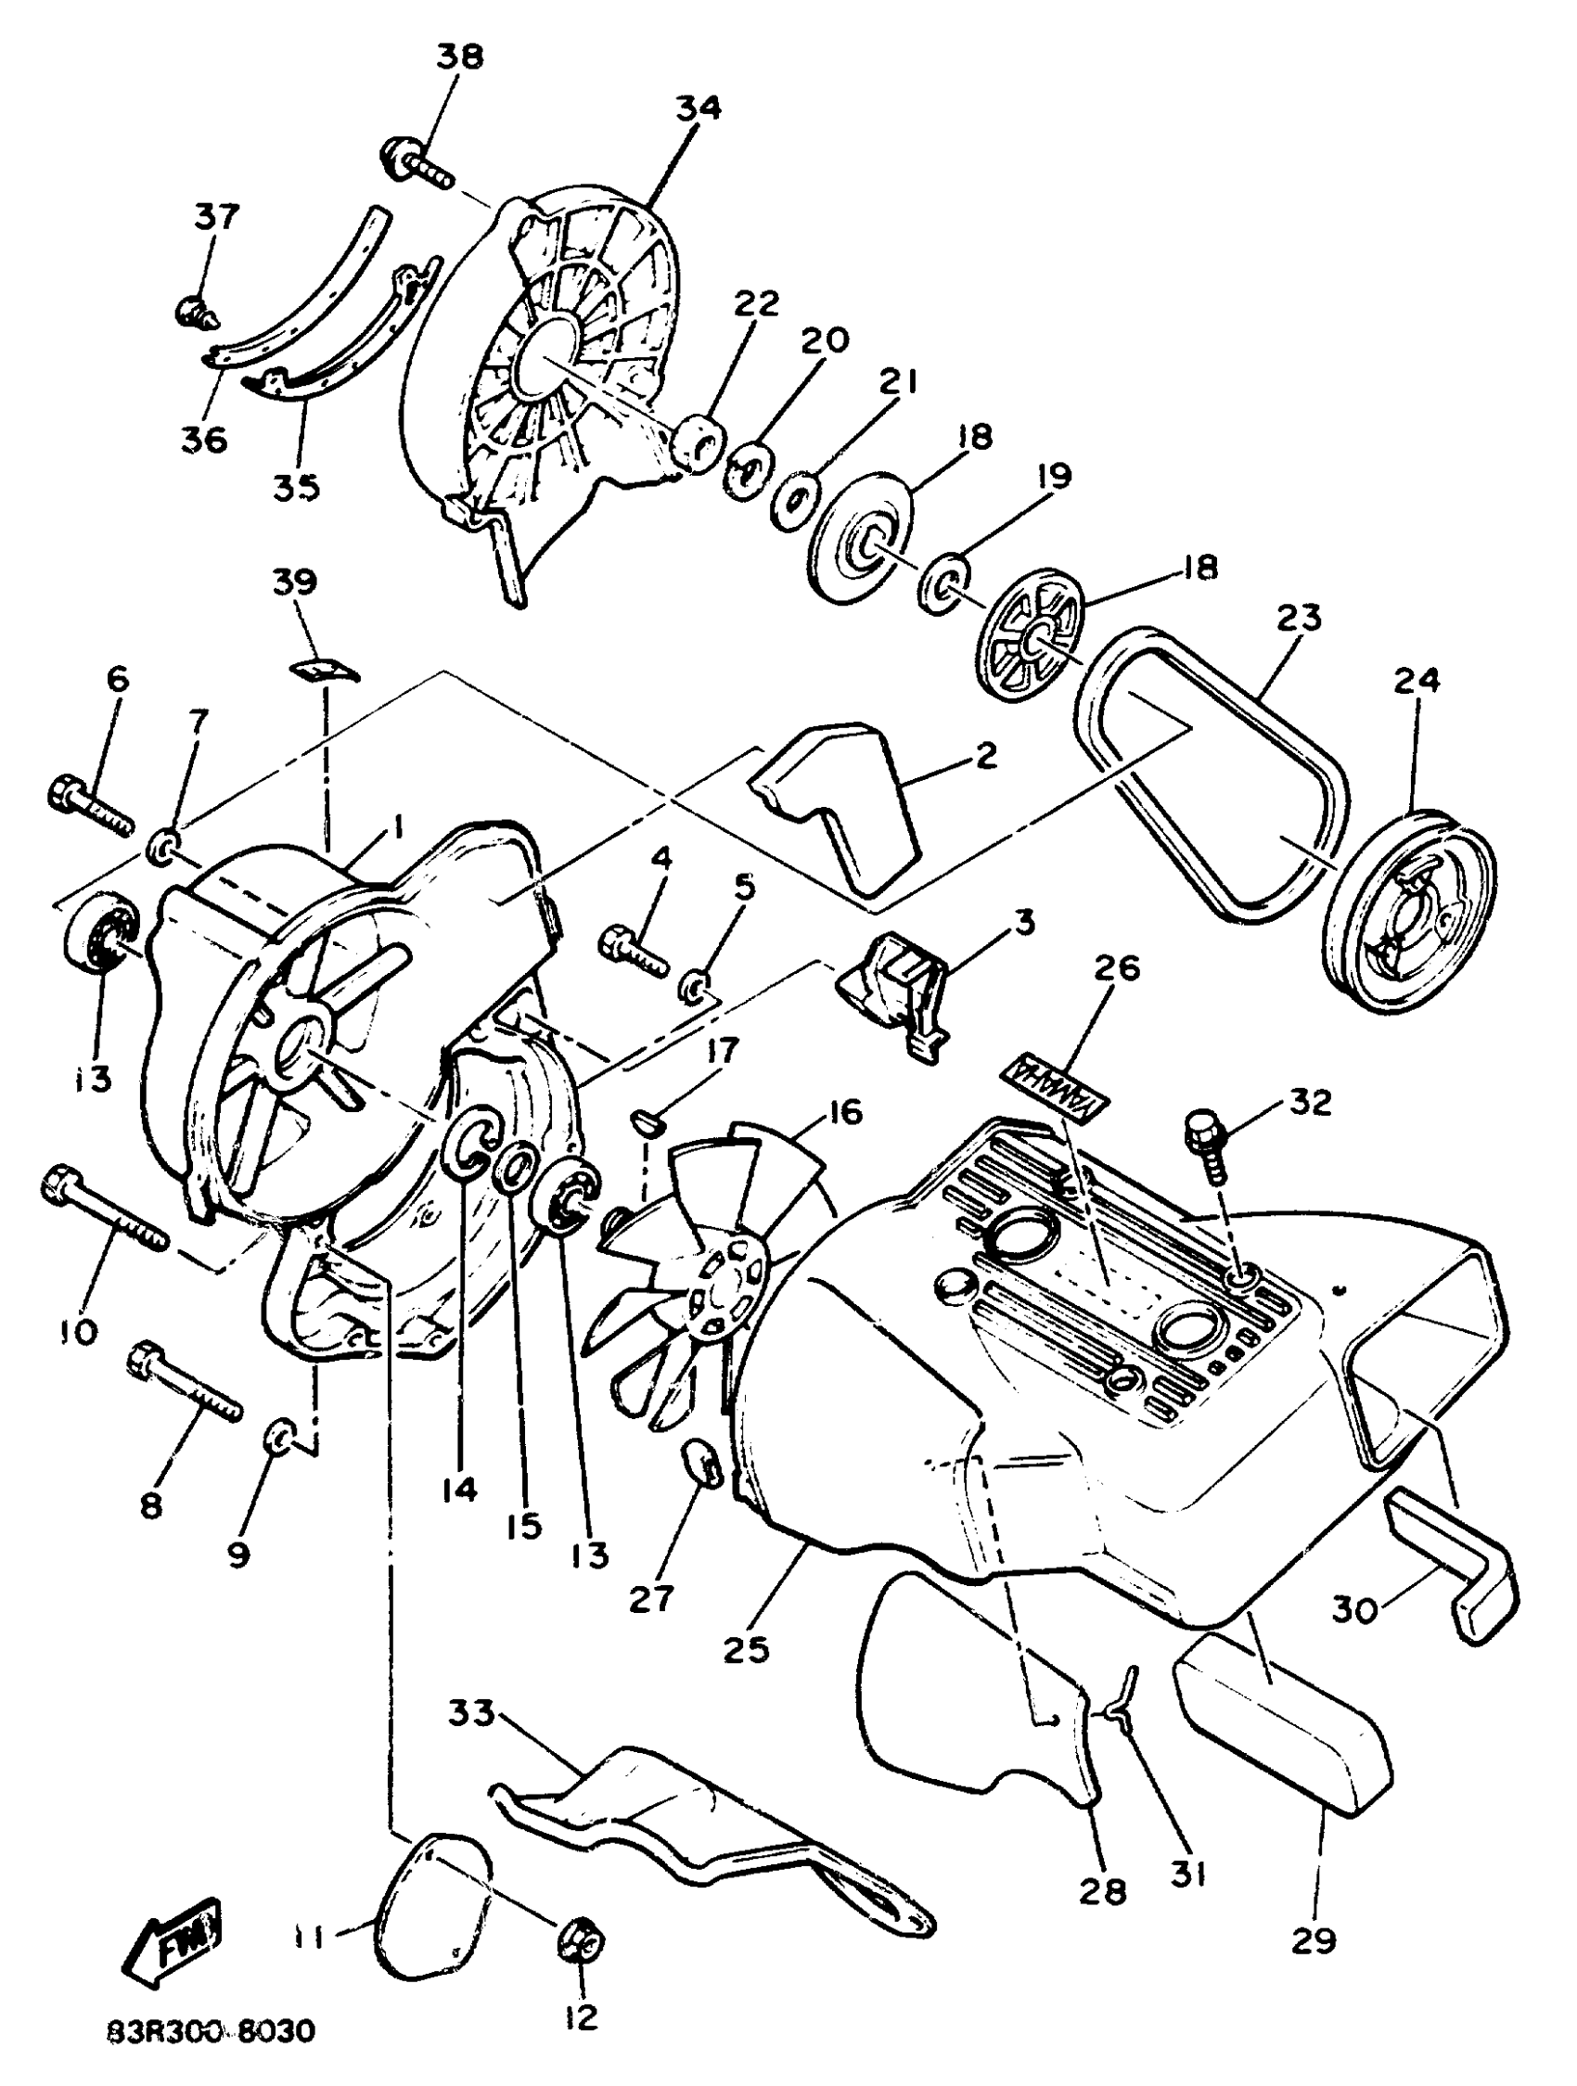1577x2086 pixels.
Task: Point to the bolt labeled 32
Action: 1206,1145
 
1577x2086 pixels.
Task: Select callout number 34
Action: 698,109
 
